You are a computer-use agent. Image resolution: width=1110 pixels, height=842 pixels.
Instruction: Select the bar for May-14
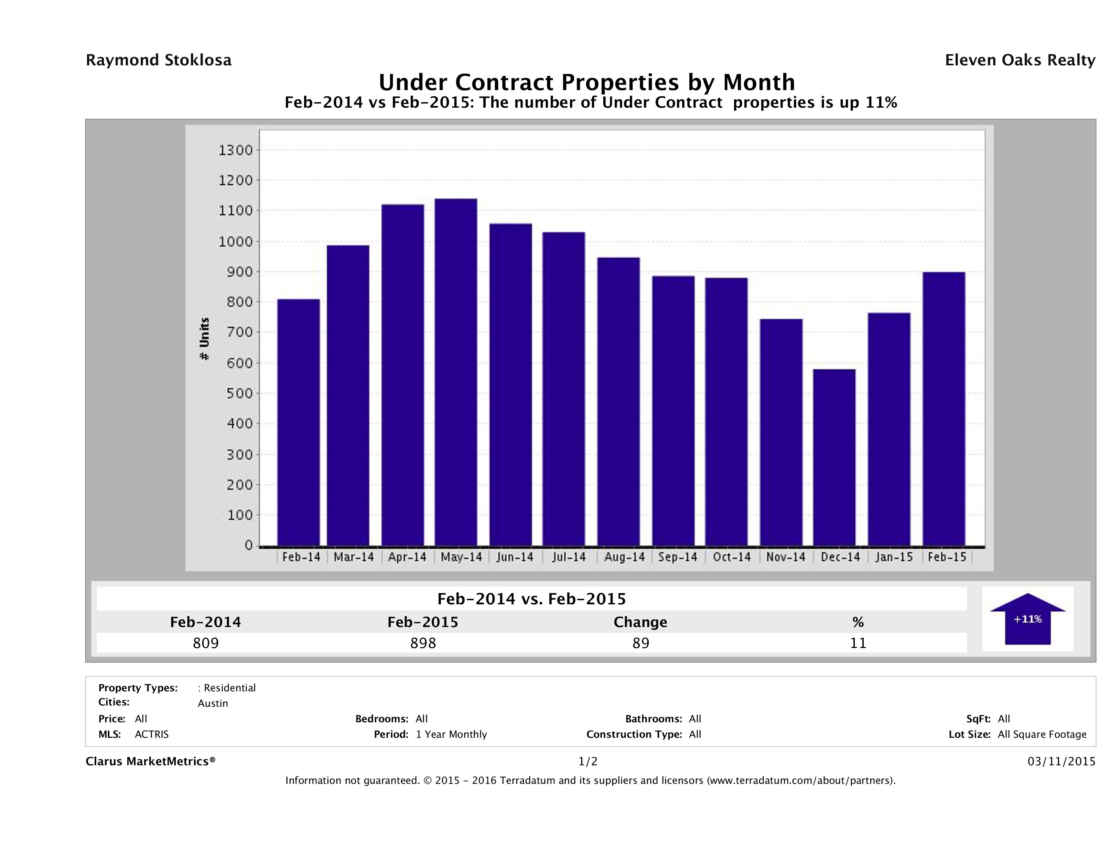456,372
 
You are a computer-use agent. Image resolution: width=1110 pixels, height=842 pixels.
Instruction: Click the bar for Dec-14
834,457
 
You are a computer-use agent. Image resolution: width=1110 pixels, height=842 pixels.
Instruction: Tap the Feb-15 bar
944,409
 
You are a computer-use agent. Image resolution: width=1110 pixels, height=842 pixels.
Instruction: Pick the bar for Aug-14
618,401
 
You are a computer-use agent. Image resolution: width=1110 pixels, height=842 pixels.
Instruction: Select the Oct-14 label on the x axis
732,557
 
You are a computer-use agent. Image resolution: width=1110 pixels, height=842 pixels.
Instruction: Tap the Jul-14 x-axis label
569,557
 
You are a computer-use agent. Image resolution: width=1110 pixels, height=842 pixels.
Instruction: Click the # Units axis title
204,339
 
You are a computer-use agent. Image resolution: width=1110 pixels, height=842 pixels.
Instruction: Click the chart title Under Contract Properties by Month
586,82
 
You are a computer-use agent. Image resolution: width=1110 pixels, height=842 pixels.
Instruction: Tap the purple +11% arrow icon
1027,620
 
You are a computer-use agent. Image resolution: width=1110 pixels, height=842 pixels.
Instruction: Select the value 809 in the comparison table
206,643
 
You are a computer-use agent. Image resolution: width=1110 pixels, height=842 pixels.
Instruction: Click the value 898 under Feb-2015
423,643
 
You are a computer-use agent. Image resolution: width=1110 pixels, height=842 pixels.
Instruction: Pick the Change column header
640,622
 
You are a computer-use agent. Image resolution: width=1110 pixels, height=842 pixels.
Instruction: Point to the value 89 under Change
641,643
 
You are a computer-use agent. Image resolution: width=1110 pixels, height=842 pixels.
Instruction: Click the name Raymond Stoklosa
159,60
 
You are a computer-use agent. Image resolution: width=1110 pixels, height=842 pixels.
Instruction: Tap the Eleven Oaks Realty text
1020,60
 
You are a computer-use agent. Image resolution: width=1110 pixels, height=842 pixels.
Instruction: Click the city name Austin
213,703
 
